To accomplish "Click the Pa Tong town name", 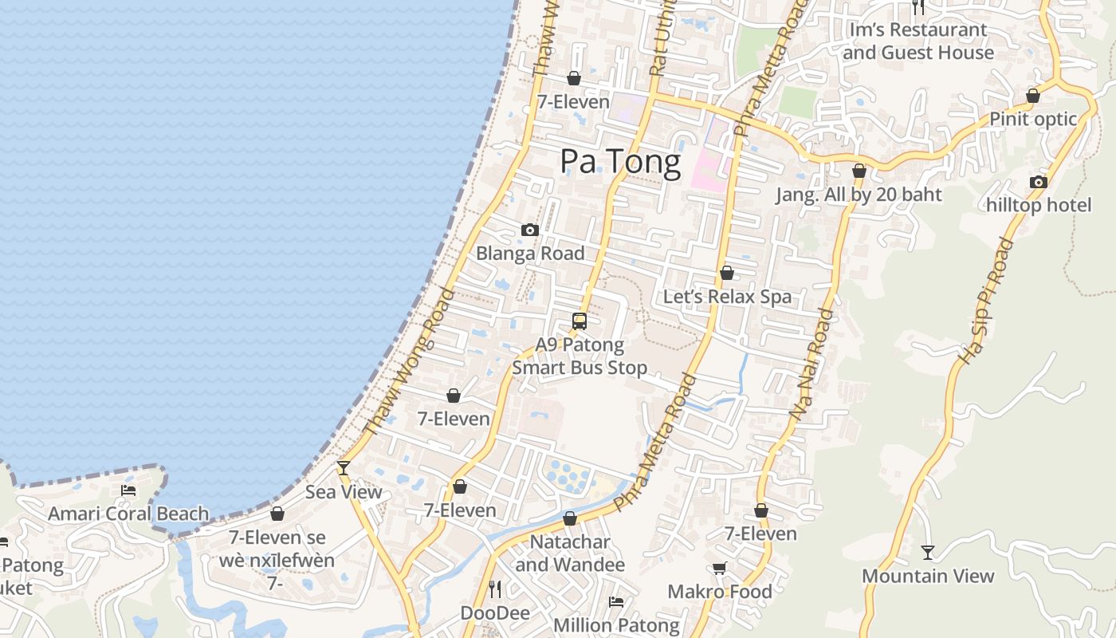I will pos(620,162).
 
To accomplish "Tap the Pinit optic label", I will pos(1032,119).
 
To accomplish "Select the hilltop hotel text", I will pos(1039,205).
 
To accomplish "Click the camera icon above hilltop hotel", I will pos(1038,182).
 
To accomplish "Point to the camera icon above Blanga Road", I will pos(529,230).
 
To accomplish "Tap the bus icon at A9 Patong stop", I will pos(580,321).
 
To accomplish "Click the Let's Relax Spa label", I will pos(727,297).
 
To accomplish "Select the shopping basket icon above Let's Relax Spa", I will pos(727,273).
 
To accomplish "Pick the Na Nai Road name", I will pos(811,363).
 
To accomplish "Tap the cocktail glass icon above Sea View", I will pos(344,468).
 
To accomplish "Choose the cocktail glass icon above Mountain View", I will pos(928,552).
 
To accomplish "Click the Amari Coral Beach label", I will pos(128,514).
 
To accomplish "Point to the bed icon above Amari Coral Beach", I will pos(128,490).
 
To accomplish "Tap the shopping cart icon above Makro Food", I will pos(719,568).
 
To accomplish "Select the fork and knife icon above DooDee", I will pos(495,589).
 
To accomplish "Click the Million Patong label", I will pos(616,625).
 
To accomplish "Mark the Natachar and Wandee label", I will pos(570,553).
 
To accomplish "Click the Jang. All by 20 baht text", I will pos(859,195).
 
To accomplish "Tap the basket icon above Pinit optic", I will pos(1033,96).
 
